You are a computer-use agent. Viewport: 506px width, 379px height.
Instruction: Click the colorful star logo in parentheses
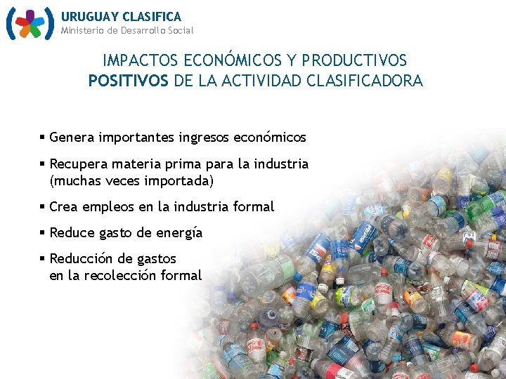(30, 24)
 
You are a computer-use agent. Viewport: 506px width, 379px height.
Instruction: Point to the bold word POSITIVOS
(129, 81)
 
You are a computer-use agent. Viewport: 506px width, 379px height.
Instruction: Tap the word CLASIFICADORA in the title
(365, 81)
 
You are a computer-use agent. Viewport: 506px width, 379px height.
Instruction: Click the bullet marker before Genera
(43, 138)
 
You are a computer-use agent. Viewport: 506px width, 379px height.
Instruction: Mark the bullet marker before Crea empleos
(43, 206)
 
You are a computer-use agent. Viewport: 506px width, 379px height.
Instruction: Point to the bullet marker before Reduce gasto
(43, 232)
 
